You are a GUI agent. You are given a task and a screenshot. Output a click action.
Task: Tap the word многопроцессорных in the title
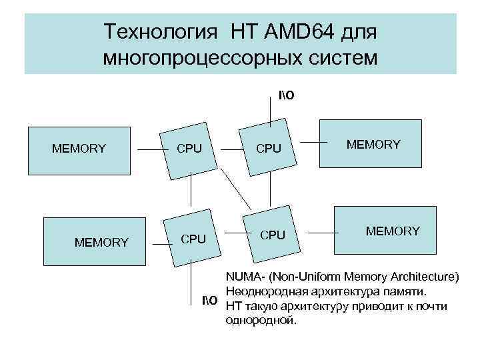tap(205, 58)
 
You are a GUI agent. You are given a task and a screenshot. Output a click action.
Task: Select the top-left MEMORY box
tap(79, 148)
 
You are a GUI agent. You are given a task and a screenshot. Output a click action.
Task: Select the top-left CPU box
tap(189, 150)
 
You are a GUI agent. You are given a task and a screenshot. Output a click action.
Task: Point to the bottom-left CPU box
tap(193, 238)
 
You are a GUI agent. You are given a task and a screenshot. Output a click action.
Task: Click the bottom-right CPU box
tap(272, 235)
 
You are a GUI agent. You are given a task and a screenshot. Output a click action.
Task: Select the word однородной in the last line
tap(260, 321)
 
